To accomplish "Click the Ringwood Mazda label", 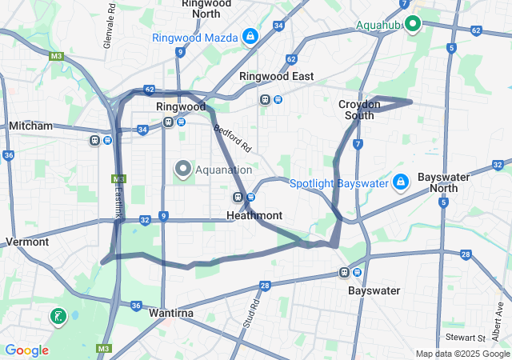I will (x=195, y=38).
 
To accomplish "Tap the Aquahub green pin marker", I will (x=413, y=23).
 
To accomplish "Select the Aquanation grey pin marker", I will (x=182, y=169).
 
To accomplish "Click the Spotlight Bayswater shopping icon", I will (x=401, y=183).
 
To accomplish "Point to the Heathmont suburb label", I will (x=254, y=216).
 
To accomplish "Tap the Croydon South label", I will (x=356, y=110).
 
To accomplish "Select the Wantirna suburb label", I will (x=171, y=313).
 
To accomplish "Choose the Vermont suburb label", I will (x=27, y=242).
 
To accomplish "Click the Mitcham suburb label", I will (x=30, y=126).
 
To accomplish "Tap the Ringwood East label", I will (x=276, y=76).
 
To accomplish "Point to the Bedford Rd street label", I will (x=232, y=138).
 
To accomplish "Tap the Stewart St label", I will (x=466, y=338).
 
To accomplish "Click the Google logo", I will (x=26, y=350).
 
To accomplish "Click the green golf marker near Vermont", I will (x=58, y=317).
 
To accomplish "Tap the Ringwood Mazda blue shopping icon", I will (x=250, y=37).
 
